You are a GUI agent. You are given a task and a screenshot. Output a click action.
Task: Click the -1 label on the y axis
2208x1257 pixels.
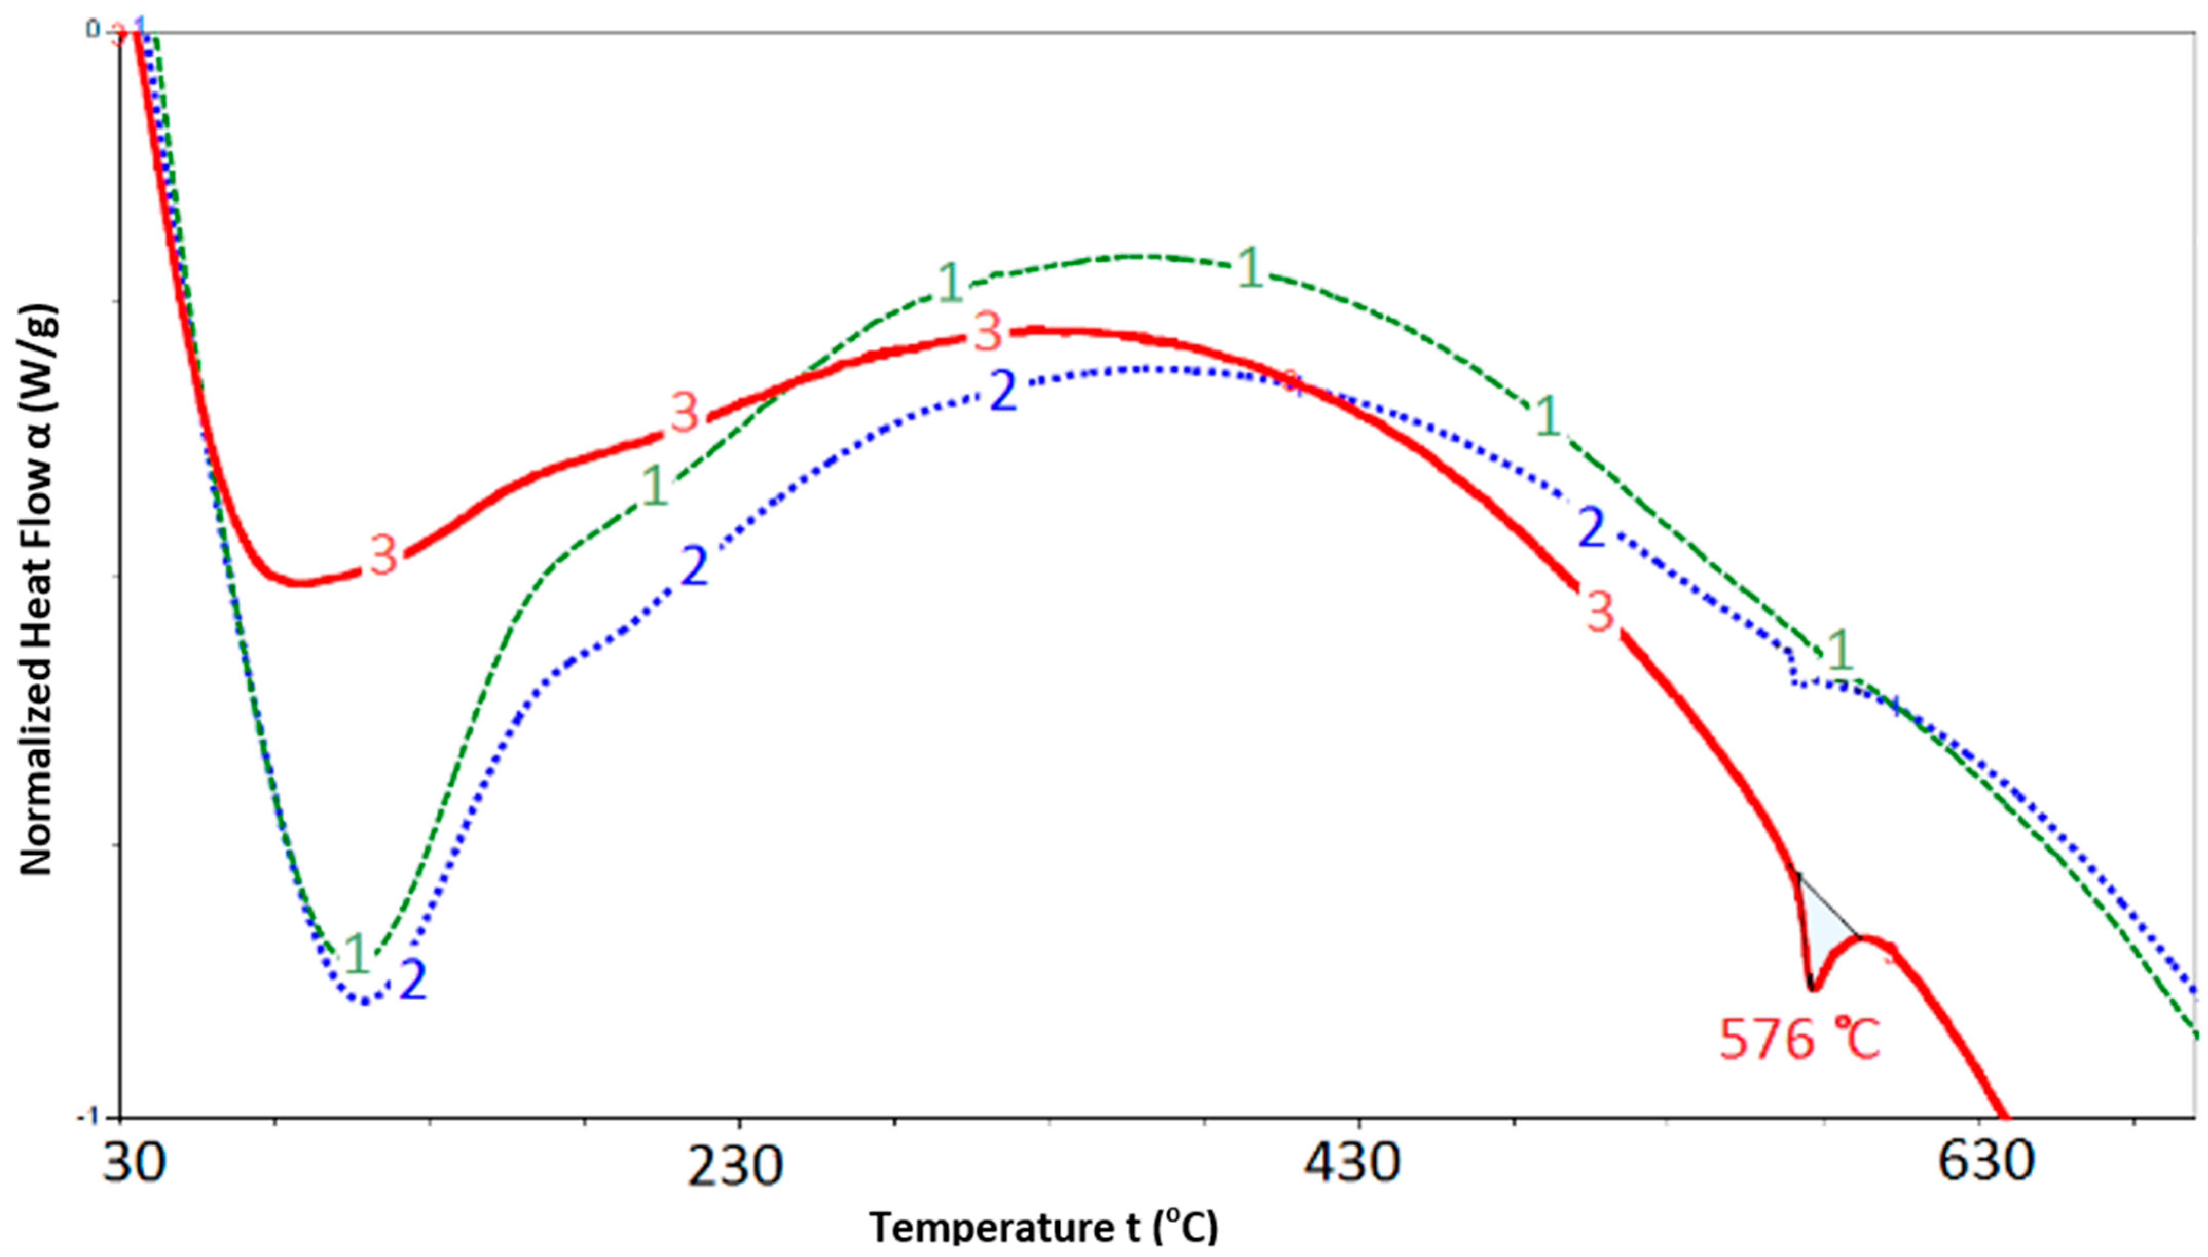point(89,1116)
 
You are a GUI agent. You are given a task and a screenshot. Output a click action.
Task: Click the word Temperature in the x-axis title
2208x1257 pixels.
point(963,1227)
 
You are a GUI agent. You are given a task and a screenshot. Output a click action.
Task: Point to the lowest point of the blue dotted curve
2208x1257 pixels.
point(365,1002)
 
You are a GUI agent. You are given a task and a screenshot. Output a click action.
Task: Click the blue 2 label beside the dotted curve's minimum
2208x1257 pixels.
point(413,980)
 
